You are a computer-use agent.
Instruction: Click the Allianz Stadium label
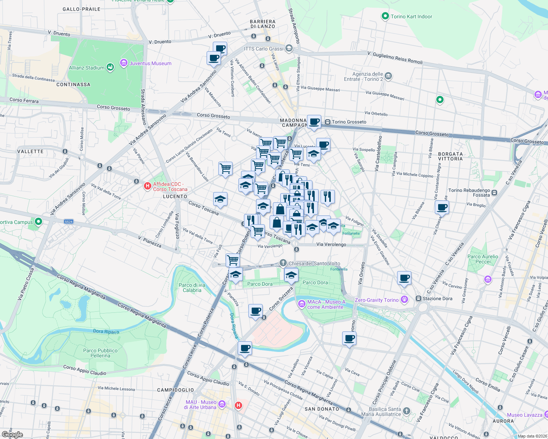click(87, 68)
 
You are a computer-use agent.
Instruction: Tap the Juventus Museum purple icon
click(124, 63)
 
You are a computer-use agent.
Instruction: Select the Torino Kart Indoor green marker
click(385, 16)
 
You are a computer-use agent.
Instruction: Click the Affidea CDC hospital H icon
click(148, 186)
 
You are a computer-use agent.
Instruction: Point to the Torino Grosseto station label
click(349, 122)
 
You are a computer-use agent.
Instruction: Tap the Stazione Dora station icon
click(418, 299)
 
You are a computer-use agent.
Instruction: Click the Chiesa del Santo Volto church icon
click(283, 263)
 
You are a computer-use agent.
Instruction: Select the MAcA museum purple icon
click(301, 304)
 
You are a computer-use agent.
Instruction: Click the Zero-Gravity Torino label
click(377, 300)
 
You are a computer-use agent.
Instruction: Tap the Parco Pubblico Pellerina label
click(100, 353)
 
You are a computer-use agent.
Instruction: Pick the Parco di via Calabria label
click(192, 288)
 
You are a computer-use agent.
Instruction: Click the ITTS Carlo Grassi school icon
click(289, 48)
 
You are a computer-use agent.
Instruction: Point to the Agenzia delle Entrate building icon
click(388, 76)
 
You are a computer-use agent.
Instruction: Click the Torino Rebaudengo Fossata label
click(469, 192)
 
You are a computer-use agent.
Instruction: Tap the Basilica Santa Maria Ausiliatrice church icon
click(406, 411)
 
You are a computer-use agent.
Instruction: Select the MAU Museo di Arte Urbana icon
click(222, 404)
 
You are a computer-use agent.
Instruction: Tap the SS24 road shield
click(68, 222)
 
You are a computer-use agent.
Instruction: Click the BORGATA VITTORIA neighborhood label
click(450, 156)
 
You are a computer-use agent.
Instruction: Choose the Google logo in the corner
click(12, 434)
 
